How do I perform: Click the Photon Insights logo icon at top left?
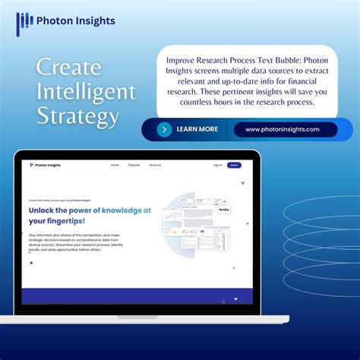click(x=24, y=21)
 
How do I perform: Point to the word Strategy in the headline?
click(x=78, y=117)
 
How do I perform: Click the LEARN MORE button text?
click(x=197, y=129)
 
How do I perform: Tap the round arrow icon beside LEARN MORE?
click(x=164, y=129)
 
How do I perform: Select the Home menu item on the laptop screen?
click(x=115, y=165)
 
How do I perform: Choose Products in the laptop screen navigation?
click(x=134, y=165)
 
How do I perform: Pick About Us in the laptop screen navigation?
click(x=155, y=165)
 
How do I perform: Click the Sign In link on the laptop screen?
click(x=218, y=165)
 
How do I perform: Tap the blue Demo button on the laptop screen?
click(x=235, y=165)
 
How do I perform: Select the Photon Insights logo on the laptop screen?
click(x=45, y=165)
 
